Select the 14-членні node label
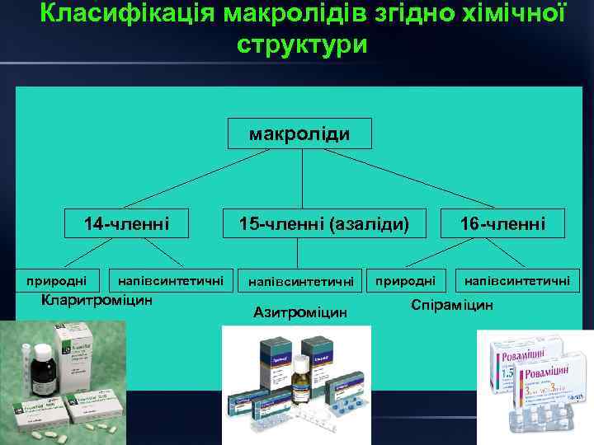pos(127,222)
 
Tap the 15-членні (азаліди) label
pos(323,222)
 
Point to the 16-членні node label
pos(503,222)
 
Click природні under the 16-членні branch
pos(406,281)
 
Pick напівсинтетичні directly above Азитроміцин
pos(300,282)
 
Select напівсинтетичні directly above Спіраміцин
pos(516,281)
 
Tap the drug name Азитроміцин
pos(300,312)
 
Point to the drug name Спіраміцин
pos(451,304)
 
